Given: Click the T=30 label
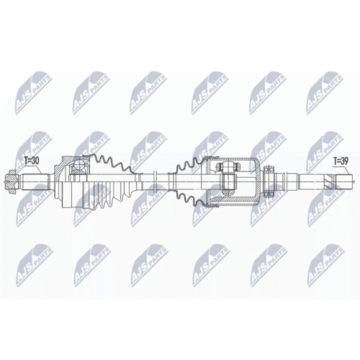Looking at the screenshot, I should point(33,161).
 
